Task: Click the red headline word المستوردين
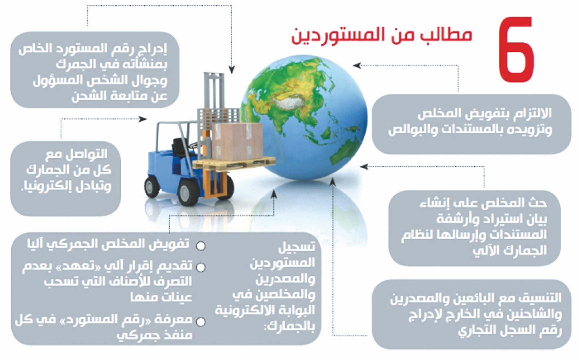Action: [x=344, y=36]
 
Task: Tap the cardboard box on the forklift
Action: [x=237, y=141]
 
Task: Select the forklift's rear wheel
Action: [x=152, y=187]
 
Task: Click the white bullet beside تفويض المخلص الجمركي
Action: [x=201, y=246]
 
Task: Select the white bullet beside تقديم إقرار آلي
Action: [x=201, y=267]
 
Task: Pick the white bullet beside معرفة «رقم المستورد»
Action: [x=201, y=322]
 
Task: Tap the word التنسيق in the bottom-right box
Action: [x=543, y=298]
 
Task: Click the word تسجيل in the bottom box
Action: [x=297, y=247]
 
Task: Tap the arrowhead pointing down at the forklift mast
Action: [x=231, y=69]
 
